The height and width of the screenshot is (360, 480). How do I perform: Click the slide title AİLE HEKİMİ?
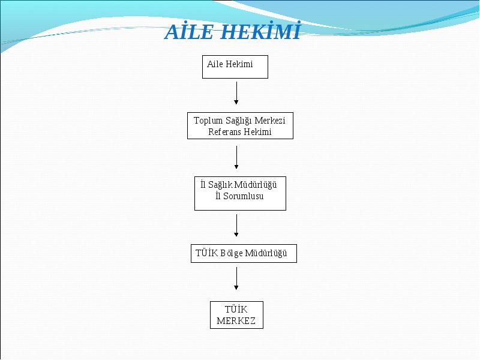pos(233,31)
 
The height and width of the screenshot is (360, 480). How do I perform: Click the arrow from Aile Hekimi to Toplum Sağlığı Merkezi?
pos(236,93)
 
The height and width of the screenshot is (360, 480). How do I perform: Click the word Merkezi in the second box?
pos(269,121)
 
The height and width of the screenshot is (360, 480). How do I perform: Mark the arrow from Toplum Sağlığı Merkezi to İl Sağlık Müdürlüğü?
pos(236,157)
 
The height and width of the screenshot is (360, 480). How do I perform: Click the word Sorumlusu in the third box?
pos(243,196)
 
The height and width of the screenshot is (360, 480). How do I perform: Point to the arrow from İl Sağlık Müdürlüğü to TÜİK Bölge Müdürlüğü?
pos(236,226)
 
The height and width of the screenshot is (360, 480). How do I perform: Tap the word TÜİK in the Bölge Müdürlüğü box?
pos(206,253)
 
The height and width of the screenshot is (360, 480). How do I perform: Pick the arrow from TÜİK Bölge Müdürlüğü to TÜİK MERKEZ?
pos(236,278)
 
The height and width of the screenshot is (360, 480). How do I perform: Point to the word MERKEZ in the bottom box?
pos(236,321)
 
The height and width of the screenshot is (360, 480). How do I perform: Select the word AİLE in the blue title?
pos(189,31)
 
